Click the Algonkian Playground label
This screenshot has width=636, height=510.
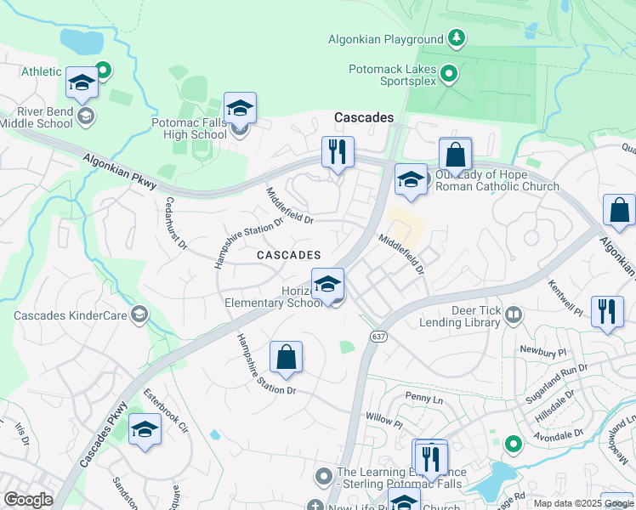point(386,39)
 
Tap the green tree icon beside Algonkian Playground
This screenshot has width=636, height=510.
point(457,38)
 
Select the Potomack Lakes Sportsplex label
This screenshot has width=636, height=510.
point(393,75)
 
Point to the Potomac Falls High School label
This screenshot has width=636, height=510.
point(189,129)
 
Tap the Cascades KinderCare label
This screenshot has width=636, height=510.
point(69,316)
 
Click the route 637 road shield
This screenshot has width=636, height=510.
point(375,337)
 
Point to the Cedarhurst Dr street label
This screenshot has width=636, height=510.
point(176,224)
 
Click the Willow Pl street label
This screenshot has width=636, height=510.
point(383,420)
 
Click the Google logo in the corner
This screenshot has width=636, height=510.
point(28,500)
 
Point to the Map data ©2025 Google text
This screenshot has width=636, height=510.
point(583,503)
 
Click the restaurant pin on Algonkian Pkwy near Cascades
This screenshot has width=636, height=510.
point(338,153)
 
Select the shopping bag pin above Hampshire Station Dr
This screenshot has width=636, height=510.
point(287,359)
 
